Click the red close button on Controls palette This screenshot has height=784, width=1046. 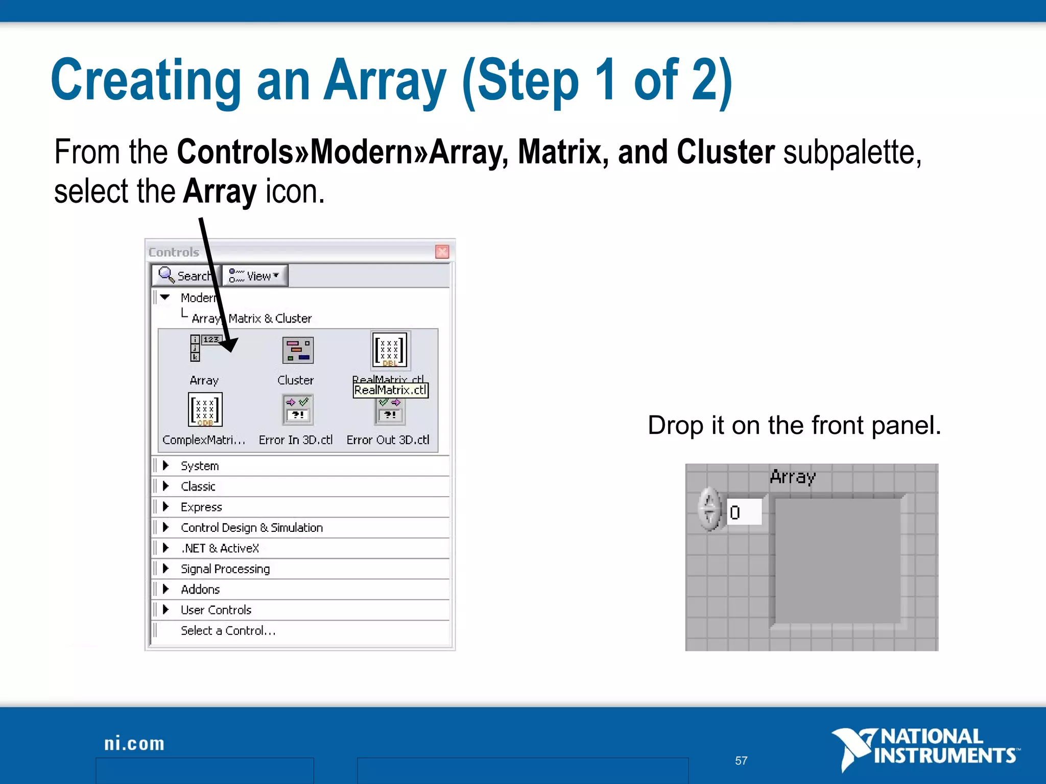[x=442, y=252]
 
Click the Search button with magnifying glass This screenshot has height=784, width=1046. [x=185, y=276]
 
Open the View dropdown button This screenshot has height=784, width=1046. [x=255, y=276]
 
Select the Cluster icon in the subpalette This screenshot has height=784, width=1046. [x=298, y=350]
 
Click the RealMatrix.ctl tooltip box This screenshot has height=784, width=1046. [x=390, y=390]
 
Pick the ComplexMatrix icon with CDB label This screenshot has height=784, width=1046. [x=205, y=409]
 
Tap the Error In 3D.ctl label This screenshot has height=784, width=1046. [x=295, y=440]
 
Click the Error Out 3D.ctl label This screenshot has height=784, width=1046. [x=388, y=440]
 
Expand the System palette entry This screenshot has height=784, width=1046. [x=199, y=466]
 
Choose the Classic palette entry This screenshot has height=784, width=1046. [x=198, y=486]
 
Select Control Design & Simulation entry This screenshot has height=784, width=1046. [x=251, y=528]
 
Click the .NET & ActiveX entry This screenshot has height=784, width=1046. [x=220, y=548]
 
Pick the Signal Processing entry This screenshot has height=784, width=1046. [x=225, y=569]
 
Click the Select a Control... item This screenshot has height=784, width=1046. [x=228, y=631]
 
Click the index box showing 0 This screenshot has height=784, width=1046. [x=744, y=512]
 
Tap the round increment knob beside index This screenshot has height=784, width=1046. [x=709, y=509]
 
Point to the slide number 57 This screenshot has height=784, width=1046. [x=741, y=761]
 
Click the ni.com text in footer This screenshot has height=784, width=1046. [x=134, y=744]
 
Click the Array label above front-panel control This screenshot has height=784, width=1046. [x=792, y=477]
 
